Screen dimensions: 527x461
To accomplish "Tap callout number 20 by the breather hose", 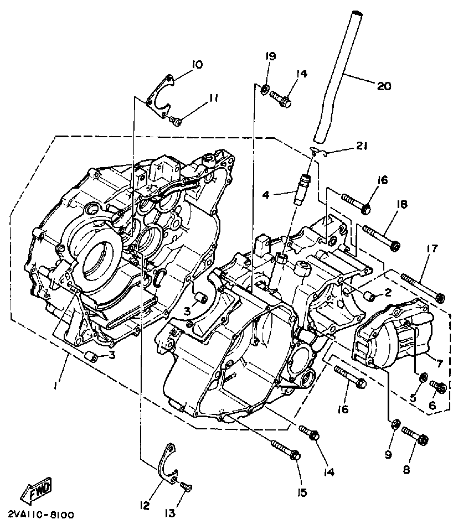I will tap(384, 86).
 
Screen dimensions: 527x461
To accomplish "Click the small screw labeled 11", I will tap(176, 122).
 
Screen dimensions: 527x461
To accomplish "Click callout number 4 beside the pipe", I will tap(265, 195).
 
